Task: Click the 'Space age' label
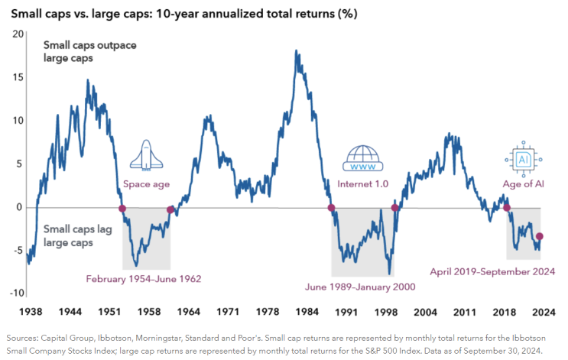(x=146, y=185)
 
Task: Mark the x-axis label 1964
(x=189, y=312)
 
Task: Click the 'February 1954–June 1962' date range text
(x=144, y=278)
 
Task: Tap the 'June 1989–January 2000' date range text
(x=361, y=288)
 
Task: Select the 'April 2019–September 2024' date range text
(x=491, y=271)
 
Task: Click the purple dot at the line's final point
(x=540, y=237)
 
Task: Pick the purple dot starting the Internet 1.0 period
(x=331, y=208)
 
